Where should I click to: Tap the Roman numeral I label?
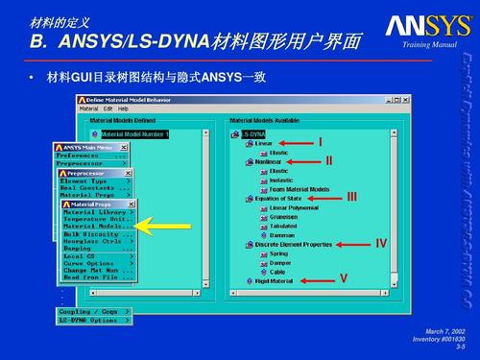pos(322,143)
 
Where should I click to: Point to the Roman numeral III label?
pos(352,198)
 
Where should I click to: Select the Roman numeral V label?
pos(342,278)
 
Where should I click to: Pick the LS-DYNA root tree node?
pos(252,134)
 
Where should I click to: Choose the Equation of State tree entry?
pos(278,199)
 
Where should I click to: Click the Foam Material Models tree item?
pos(299,189)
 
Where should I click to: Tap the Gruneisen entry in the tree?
pos(283,217)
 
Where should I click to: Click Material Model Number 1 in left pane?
pos(134,134)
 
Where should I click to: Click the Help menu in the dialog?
pos(123,108)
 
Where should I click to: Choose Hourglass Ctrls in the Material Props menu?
pos(92,240)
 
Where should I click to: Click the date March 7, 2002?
pos(444,329)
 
